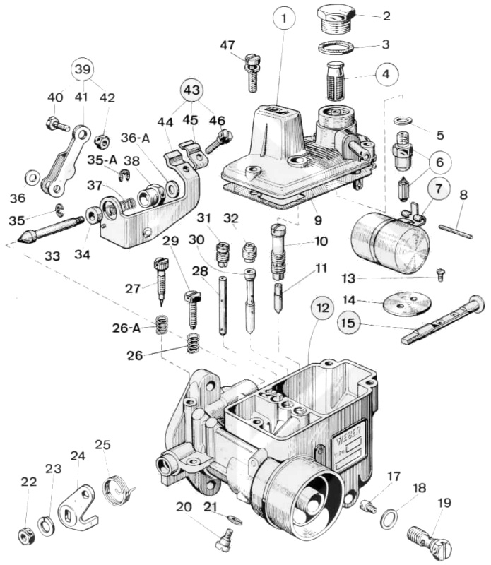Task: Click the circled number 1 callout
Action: [284, 18]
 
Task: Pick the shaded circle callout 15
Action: [348, 323]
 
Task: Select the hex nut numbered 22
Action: [26, 537]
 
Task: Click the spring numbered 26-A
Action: [162, 325]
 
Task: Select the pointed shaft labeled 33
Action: [50, 230]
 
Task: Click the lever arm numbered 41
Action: [65, 161]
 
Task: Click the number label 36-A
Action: [136, 138]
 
